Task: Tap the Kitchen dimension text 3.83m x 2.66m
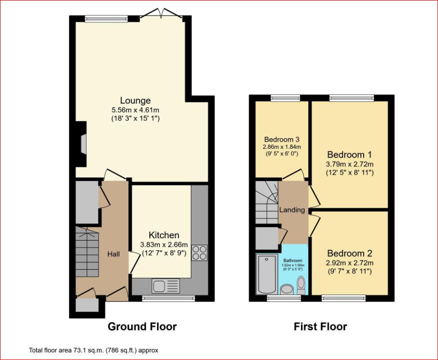[x=164, y=245]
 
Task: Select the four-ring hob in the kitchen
[x=199, y=253]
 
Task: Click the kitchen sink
[x=166, y=286]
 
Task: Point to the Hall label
[x=113, y=254]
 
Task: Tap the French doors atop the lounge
[x=161, y=14]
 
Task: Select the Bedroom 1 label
[x=350, y=155]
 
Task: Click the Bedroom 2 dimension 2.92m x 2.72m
[x=350, y=263]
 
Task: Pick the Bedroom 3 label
[x=282, y=139]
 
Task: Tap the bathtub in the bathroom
[x=267, y=274]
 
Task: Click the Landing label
[x=292, y=210]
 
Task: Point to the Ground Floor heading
[x=142, y=327]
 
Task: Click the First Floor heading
[x=320, y=327]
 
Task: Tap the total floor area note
[x=94, y=350]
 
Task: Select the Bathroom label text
[x=293, y=260]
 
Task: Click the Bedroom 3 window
[x=285, y=98]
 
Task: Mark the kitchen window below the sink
[x=169, y=298]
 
